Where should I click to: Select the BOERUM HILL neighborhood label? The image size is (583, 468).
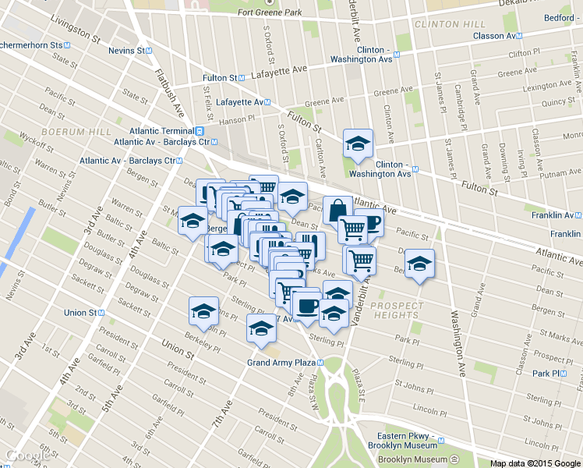[x=77, y=132]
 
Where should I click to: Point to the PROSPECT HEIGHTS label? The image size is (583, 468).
[x=397, y=310]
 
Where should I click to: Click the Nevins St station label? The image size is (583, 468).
[x=127, y=50]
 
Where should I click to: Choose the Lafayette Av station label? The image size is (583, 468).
[x=240, y=102]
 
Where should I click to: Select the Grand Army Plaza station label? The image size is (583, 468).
[x=281, y=363]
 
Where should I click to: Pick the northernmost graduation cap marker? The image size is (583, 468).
[x=358, y=144]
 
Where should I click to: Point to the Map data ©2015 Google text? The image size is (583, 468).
[x=535, y=463]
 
